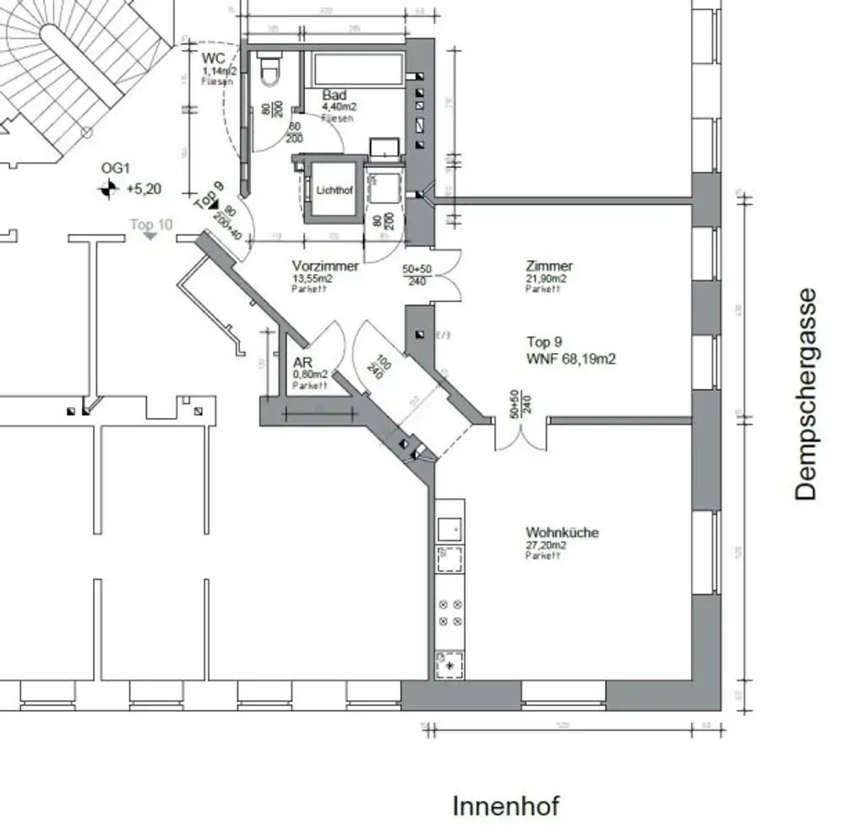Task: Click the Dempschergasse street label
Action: (x=807, y=394)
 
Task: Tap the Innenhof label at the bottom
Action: (x=506, y=806)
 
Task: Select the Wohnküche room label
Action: (x=562, y=533)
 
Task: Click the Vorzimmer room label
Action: (x=325, y=266)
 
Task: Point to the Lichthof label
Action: (x=334, y=190)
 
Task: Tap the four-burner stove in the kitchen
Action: (x=449, y=613)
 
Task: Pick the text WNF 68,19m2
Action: (x=571, y=359)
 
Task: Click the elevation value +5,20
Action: (x=144, y=189)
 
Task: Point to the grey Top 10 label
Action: (x=151, y=225)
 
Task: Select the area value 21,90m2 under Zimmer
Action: (x=546, y=279)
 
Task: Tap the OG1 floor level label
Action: (x=115, y=169)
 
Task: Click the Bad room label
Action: (x=334, y=95)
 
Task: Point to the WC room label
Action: (x=213, y=59)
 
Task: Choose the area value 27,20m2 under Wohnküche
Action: (x=547, y=545)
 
